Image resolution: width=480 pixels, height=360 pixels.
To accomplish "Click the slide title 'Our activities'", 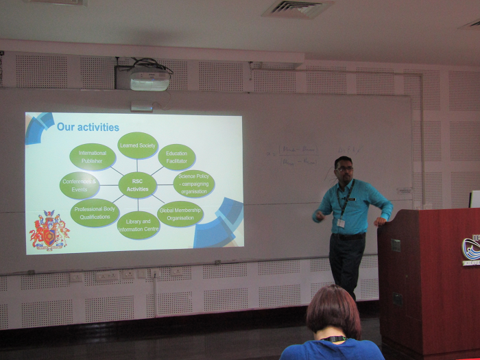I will pos(88,127).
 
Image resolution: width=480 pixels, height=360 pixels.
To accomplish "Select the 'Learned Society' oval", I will pos(137,145).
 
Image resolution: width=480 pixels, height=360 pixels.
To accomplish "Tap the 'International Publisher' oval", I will pos(93,157).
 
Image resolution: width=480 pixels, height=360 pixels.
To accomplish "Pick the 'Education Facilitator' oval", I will pos(176,157).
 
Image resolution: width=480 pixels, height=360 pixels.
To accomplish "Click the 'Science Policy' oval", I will pos(193,184).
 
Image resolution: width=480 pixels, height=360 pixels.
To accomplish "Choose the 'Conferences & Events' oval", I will pos(80,186).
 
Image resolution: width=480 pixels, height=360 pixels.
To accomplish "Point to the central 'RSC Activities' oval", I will pos(137,185).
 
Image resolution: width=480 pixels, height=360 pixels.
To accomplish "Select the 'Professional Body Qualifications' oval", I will pos(95,213).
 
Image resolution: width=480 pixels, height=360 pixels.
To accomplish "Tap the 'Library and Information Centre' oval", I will pos(138,225).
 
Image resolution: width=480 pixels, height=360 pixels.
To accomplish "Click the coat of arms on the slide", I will pos(49,231).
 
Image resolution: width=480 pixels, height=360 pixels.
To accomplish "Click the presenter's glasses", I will pos(344,168).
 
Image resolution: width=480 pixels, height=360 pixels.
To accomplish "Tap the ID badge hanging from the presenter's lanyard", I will pos(340,223).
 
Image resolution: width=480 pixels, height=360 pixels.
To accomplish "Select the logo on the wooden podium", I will pos(471,248).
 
